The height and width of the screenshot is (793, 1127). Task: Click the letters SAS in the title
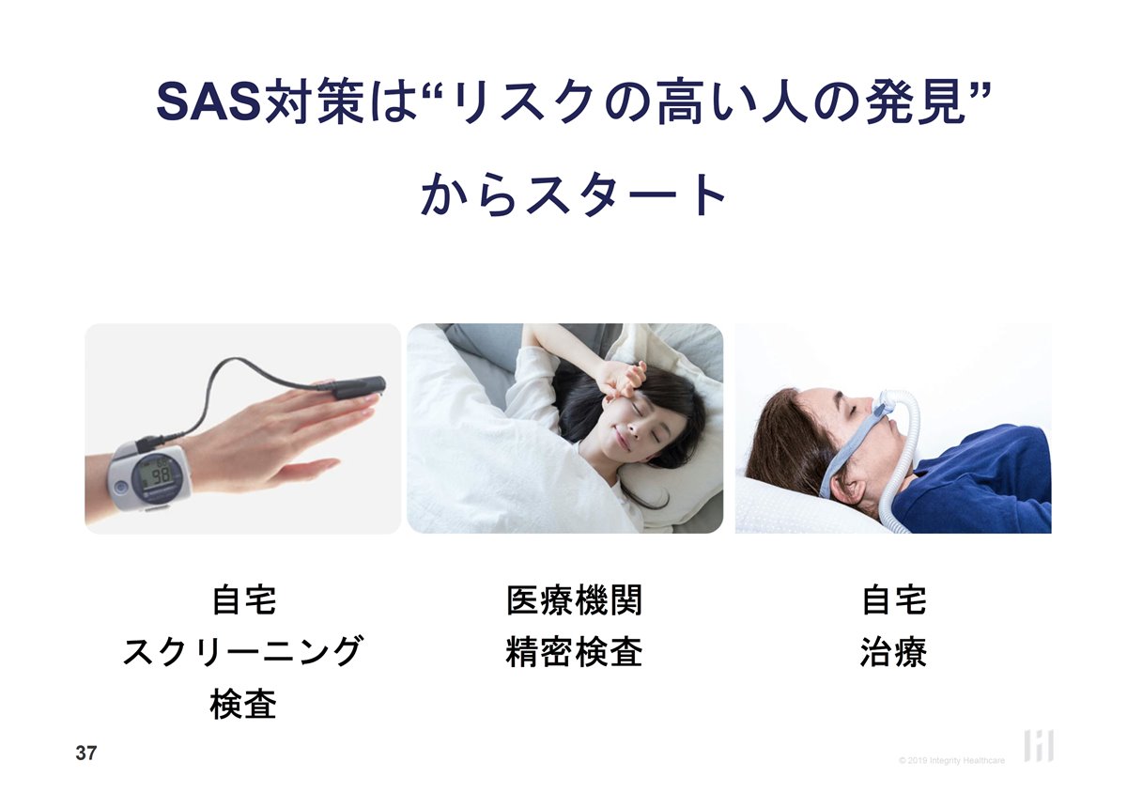[x=210, y=102]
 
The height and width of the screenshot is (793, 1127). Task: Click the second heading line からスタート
[x=574, y=194]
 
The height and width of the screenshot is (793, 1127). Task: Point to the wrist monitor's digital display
[x=157, y=474]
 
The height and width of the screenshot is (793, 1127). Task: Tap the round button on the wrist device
[x=121, y=488]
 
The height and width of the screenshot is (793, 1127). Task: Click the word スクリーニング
[x=243, y=651]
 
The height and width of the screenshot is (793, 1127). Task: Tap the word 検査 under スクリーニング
[x=243, y=704]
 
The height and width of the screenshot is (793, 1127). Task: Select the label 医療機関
[x=574, y=599]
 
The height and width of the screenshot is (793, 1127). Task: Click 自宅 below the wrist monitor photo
[x=244, y=599]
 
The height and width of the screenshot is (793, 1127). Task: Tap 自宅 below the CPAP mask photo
[x=894, y=599]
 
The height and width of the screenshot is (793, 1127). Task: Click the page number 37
[x=86, y=754]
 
